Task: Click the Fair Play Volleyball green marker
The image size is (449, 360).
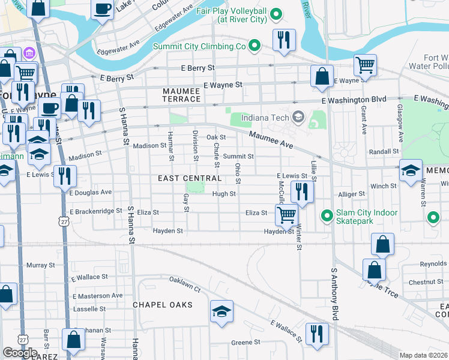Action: click(276, 13)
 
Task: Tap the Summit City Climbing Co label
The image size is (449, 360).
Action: click(199, 46)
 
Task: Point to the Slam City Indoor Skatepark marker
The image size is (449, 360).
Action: click(327, 215)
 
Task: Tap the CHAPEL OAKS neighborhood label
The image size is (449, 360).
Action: click(163, 305)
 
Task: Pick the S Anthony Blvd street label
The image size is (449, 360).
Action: click(334, 294)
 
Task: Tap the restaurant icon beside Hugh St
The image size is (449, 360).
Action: click(301, 191)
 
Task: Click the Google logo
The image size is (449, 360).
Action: click(20, 353)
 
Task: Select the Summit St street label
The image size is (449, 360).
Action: click(239, 157)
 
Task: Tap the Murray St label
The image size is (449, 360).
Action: click(41, 265)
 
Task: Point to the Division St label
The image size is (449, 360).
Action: click(194, 145)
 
